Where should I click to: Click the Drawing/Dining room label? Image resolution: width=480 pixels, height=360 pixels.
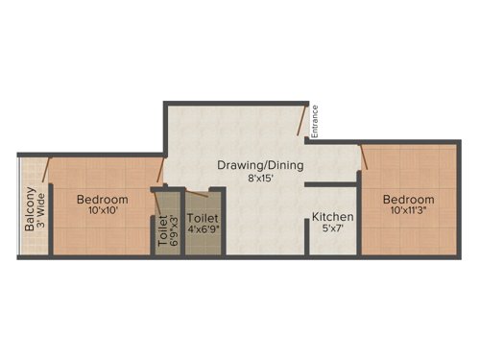[260, 165]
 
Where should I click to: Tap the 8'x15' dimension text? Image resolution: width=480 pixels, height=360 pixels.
[260, 178]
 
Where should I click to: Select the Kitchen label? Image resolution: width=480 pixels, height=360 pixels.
[333, 218]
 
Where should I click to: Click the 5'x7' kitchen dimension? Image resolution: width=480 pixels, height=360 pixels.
[333, 230]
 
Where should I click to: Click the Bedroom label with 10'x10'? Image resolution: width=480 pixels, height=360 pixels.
[103, 200]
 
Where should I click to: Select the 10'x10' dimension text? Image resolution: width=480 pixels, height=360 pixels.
[103, 212]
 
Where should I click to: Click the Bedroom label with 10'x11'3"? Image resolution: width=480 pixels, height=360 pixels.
[409, 200]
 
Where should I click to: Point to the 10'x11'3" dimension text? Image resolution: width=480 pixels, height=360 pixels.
[409, 212]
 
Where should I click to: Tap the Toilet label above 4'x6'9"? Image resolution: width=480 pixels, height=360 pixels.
[203, 218]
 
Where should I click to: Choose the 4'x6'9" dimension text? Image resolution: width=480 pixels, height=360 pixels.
[203, 230]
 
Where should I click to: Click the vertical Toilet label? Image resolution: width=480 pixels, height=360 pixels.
[161, 231]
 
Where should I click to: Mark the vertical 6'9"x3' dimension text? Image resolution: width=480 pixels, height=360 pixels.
[174, 231]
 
